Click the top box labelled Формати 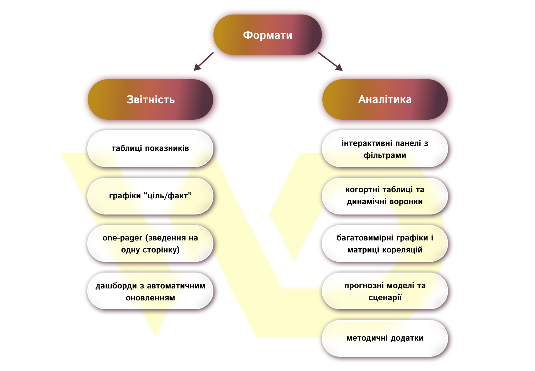(x=267, y=35)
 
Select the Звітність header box (x=150, y=99)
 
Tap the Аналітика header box (x=385, y=99)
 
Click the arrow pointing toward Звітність (x=203, y=61)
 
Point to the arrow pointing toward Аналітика (x=330, y=61)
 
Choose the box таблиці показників (x=150, y=148)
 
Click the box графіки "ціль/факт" (x=150, y=196)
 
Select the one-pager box (x=150, y=244)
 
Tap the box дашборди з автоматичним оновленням (x=150, y=291)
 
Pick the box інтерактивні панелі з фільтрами (x=385, y=149)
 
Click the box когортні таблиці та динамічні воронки (x=385, y=196)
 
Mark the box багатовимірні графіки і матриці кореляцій (x=385, y=244)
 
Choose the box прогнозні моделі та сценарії (x=385, y=291)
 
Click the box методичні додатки (x=385, y=338)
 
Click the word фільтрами (x=385, y=155)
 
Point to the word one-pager (x=122, y=238)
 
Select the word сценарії (x=385, y=298)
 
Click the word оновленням (x=150, y=298)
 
